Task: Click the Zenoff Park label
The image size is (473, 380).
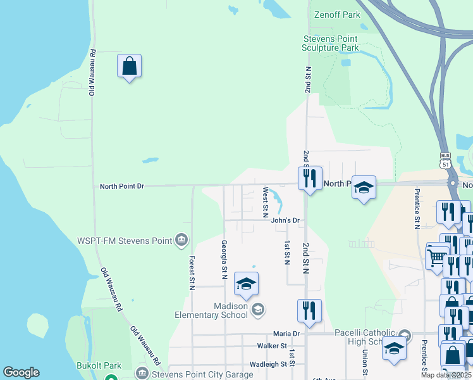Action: [337, 13]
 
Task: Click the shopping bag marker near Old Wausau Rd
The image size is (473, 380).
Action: [129, 66]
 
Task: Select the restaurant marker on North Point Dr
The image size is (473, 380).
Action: [310, 179]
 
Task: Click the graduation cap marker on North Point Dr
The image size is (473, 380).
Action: [364, 188]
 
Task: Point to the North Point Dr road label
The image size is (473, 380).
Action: [122, 186]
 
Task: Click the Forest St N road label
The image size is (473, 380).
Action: [192, 273]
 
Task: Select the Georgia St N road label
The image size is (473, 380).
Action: [224, 259]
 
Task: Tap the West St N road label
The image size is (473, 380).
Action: [266, 199]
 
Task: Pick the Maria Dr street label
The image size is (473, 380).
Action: [286, 334]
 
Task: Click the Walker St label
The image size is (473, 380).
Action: [273, 346]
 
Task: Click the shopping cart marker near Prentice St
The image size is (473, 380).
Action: [437, 256]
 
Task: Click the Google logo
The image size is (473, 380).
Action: [21, 372]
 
